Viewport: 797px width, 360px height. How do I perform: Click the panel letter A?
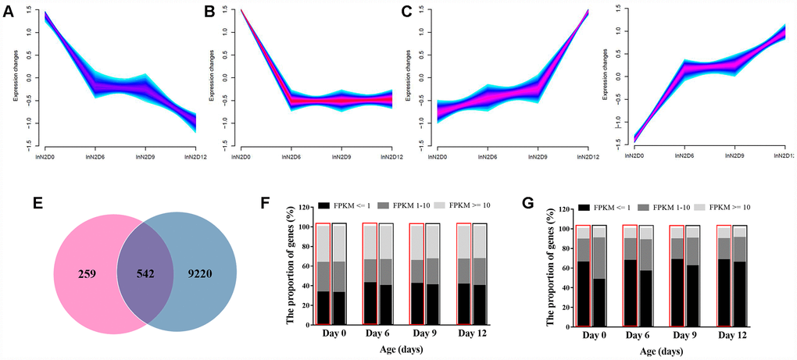pos(7,12)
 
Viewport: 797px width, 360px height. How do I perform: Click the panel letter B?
pos(209,12)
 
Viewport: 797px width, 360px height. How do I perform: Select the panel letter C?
pos(406,12)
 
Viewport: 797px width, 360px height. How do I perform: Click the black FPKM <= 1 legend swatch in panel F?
pos(324,205)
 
